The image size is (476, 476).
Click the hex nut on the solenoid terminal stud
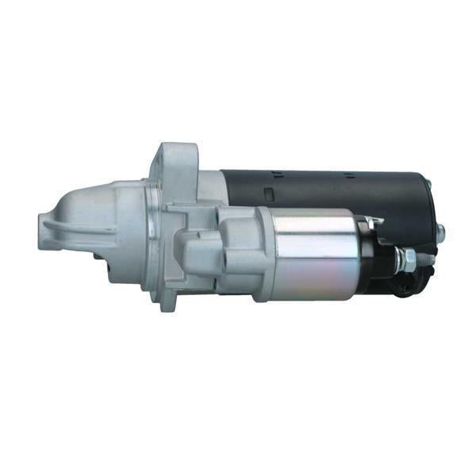tap(405, 256)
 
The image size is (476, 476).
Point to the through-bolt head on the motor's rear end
tap(440, 232)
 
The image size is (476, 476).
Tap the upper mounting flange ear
tap(176, 159)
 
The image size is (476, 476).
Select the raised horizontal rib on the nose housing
tap(79, 225)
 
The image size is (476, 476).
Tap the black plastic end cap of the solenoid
tap(369, 258)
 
